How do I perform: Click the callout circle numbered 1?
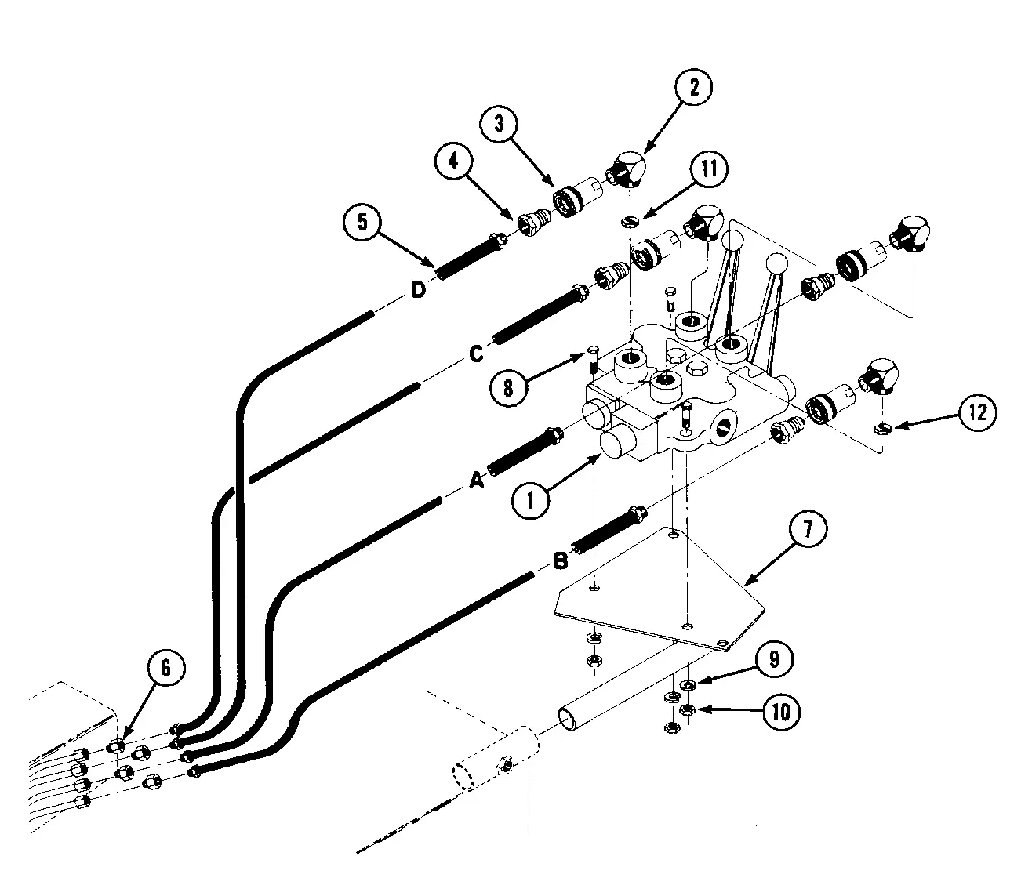tap(530, 497)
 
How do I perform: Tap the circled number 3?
tap(500, 125)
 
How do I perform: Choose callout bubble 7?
tap(807, 530)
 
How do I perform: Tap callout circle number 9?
tap(773, 659)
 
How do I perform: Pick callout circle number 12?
tap(978, 412)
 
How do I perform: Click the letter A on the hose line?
tap(475, 481)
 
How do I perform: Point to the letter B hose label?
tap(561, 561)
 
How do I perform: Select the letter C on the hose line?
tap(476, 354)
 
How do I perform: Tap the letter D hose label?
tap(418, 291)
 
